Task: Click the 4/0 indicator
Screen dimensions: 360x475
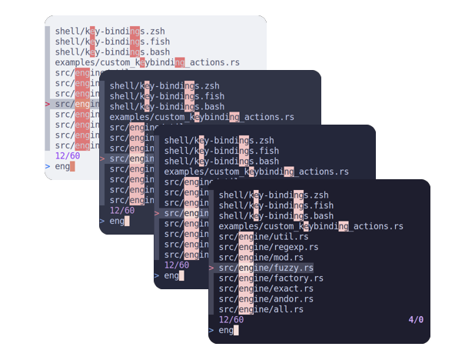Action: click(416, 320)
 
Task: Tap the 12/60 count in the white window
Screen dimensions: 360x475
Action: click(67, 155)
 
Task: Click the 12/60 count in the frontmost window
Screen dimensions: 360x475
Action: click(231, 320)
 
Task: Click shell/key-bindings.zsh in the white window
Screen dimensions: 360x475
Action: click(110, 32)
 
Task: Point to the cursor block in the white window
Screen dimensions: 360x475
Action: click(73, 166)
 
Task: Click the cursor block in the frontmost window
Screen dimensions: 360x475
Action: click(237, 331)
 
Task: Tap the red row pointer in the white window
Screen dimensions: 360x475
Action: click(48, 104)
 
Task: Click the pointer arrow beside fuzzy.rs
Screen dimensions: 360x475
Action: click(211, 268)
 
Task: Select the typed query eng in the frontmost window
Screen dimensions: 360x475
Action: click(226, 331)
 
